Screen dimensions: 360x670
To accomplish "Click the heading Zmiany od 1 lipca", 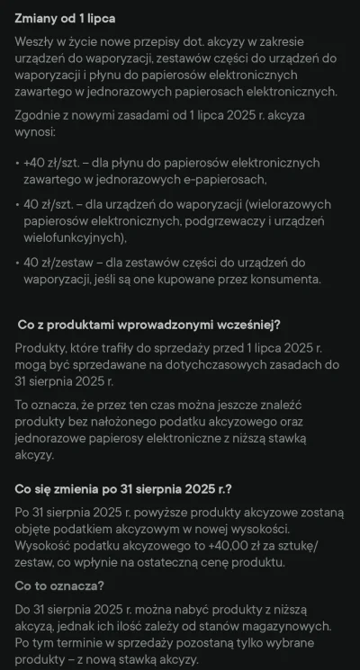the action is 66,18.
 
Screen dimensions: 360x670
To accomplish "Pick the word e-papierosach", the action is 249,181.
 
